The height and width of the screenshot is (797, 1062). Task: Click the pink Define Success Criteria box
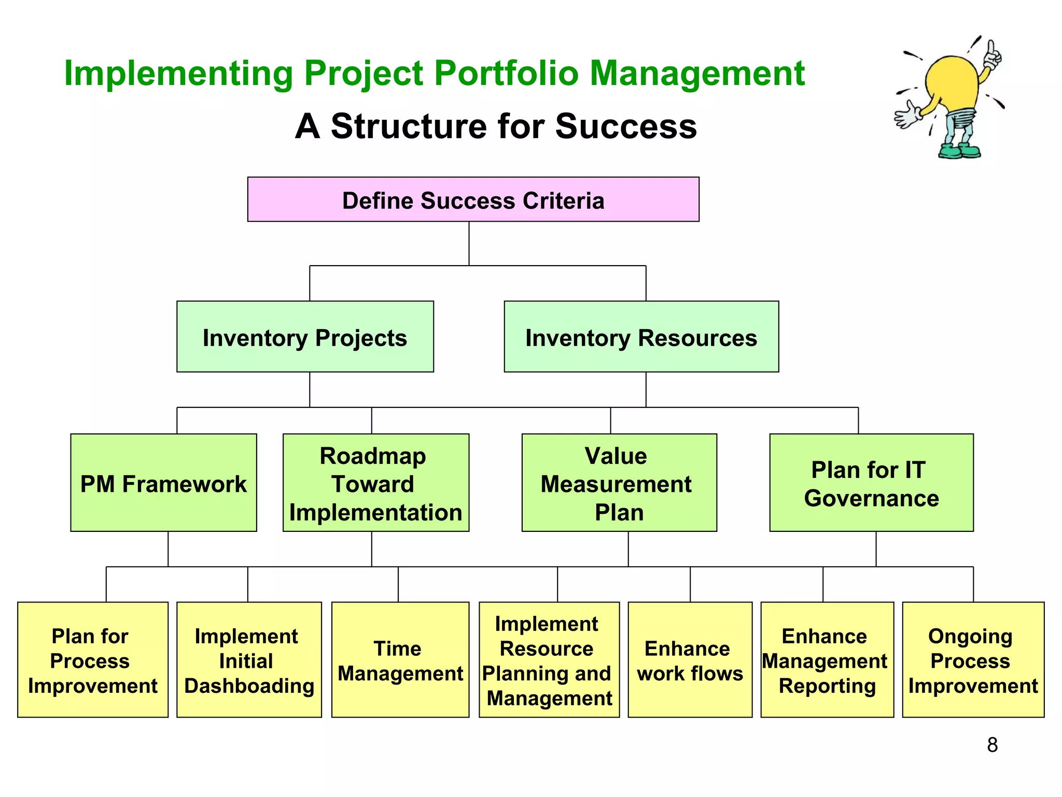[x=473, y=200]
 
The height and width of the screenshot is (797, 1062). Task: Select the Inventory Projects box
[x=305, y=337]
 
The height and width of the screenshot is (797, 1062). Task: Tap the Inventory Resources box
[x=641, y=337]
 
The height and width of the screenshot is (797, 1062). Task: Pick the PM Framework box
[x=163, y=483]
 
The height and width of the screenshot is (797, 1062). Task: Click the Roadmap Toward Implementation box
[x=375, y=483]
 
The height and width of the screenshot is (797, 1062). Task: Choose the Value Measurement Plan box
[x=619, y=483]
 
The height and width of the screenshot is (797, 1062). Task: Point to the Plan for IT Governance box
[x=871, y=483]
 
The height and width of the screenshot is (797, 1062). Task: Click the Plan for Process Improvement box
[x=92, y=659]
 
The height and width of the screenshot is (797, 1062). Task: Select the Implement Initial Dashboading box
[x=249, y=659]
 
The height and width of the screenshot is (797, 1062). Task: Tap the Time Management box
[x=400, y=659]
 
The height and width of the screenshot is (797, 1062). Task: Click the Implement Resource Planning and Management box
[x=549, y=659]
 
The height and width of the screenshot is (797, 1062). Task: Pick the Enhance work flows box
[x=690, y=659]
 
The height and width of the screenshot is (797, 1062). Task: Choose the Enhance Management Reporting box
[x=827, y=659]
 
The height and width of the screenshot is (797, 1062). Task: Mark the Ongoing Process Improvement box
[x=973, y=659]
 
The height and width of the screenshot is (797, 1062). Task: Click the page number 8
[x=992, y=745]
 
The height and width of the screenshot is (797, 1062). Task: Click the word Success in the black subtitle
[x=626, y=127]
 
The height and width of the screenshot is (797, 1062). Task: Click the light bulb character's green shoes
[x=959, y=152]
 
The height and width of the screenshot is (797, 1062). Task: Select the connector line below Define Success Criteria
[x=469, y=244]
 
